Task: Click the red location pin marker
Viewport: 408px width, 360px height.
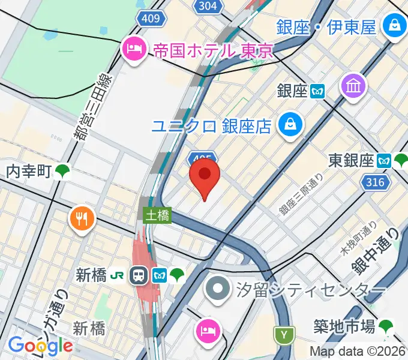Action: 205,175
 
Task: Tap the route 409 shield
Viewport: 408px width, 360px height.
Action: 151,19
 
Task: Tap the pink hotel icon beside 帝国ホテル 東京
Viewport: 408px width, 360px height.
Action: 131,49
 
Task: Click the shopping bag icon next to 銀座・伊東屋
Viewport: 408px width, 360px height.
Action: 395,26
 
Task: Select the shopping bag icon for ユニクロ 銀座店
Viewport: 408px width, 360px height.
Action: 292,125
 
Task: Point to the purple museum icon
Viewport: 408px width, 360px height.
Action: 353,86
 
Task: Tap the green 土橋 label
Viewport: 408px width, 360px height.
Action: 158,214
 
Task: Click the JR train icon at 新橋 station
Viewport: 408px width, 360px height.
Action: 139,275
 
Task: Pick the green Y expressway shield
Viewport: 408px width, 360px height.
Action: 283,335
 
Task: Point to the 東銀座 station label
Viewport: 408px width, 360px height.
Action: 352,160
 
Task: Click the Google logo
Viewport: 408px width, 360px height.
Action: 40,346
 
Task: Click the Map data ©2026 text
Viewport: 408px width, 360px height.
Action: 358,351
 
